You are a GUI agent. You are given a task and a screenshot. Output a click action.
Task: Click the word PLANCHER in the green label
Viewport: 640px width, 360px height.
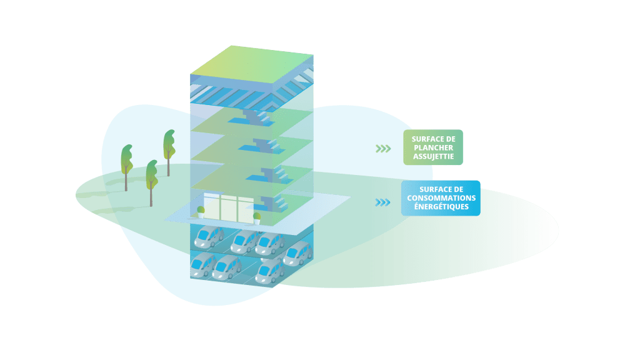[x=433, y=147]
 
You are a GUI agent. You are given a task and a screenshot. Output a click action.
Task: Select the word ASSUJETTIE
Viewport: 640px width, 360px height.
[x=433, y=156]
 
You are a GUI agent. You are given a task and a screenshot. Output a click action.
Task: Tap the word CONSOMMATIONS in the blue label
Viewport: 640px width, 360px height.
[x=441, y=198]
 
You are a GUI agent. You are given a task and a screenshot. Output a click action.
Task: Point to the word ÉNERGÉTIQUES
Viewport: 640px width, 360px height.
[x=441, y=207]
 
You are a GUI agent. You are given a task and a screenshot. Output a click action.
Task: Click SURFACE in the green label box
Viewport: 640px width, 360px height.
[x=433, y=139]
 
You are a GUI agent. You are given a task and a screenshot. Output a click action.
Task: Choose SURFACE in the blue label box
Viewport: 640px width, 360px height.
[x=441, y=189]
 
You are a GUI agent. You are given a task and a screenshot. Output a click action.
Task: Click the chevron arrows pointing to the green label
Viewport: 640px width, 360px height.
[x=382, y=148]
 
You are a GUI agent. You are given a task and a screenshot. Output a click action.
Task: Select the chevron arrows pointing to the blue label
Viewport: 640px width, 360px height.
[x=382, y=202]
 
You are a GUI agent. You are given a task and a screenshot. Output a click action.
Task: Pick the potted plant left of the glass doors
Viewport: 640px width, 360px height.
[x=201, y=212]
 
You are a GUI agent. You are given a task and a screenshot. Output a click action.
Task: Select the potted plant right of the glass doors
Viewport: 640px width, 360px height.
[x=257, y=217]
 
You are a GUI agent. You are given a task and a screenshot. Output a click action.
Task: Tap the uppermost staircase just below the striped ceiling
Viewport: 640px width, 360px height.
[x=256, y=117]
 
